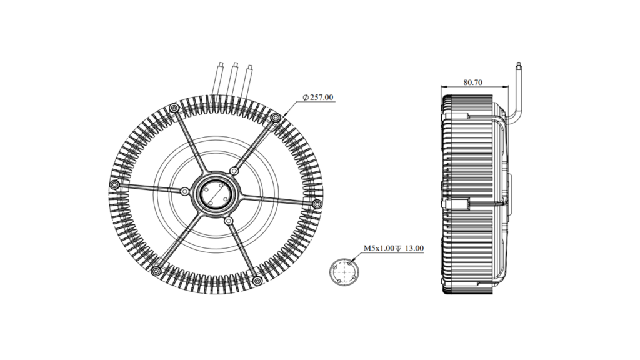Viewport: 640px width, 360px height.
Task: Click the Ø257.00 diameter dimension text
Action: coord(318,97)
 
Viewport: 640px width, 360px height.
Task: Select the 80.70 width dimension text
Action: coord(472,82)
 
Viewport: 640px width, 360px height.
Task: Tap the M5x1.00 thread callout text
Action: coord(379,248)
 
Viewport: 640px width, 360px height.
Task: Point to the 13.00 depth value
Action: coord(414,248)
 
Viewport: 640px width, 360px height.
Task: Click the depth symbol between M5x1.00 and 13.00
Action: coord(399,248)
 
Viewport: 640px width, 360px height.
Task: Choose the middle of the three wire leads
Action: coord(232,79)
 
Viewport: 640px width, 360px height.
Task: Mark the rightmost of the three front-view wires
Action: coord(247,82)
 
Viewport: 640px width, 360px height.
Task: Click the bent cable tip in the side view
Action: coord(519,65)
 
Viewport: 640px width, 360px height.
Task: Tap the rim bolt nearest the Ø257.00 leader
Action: coord(276,118)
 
